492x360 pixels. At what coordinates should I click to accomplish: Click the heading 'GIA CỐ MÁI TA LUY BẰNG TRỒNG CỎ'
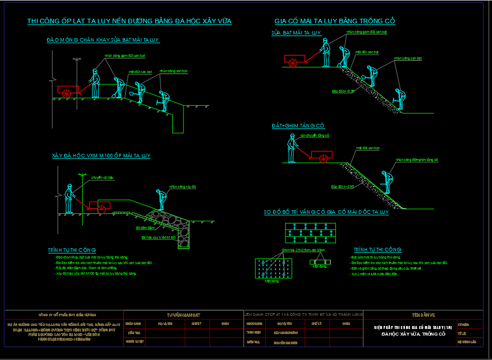coord(334,21)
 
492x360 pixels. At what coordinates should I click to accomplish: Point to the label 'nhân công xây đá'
coord(182,187)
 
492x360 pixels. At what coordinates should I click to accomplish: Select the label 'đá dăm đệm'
coord(145,228)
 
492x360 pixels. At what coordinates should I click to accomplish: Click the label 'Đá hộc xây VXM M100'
coord(159,237)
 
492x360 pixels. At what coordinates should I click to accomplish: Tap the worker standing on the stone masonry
coord(161,200)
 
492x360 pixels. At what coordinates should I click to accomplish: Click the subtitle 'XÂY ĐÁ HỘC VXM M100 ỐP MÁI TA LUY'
coord(101,155)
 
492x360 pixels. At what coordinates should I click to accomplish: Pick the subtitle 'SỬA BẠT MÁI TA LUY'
coord(296,32)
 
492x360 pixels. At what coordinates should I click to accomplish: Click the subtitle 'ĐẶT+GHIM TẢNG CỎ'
coord(298,125)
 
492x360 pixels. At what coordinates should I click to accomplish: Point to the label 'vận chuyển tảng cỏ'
coord(315,136)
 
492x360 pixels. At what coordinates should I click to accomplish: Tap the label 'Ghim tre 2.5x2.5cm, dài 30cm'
coord(303,251)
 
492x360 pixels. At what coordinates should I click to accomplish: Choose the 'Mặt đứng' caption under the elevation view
coord(319,266)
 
